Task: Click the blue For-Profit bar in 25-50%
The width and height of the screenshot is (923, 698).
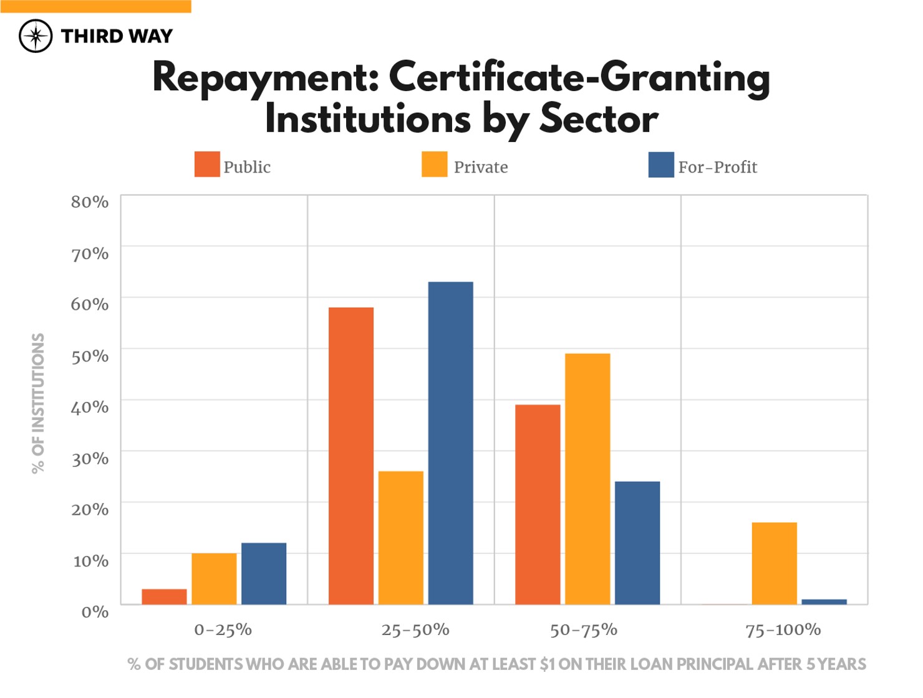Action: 450,443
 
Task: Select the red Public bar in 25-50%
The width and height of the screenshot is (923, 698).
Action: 350,456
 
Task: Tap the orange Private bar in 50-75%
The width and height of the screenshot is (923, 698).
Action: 587,479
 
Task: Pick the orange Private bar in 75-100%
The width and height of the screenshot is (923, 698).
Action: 774,563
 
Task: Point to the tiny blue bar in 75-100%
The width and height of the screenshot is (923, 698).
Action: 824,601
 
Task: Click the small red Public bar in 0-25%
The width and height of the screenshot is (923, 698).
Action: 164,596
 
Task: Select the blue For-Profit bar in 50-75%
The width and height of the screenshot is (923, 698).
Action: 637,543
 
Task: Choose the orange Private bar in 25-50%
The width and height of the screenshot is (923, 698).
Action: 400,538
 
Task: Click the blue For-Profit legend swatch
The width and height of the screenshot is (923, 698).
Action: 661,165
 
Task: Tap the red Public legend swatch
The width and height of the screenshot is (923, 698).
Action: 207,165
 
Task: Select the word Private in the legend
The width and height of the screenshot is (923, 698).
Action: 480,167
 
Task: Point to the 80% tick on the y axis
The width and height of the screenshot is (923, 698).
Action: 90,202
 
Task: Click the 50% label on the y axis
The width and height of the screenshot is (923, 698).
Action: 90,356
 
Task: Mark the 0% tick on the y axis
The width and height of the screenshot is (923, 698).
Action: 95,612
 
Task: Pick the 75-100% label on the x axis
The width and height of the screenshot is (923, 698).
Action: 783,630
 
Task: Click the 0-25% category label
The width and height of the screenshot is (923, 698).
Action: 223,630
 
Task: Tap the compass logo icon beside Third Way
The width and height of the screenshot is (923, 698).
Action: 36,36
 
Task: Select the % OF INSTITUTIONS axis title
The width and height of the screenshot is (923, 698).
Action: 38,403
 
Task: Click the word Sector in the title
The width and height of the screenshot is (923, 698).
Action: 598,118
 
